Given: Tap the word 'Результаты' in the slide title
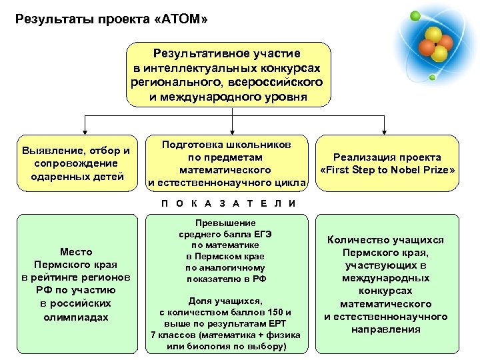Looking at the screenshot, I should [49, 20].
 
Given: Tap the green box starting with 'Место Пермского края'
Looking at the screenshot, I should [75, 283].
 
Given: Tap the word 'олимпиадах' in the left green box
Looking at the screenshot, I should [75, 317].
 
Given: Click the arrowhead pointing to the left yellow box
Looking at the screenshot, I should [84, 131].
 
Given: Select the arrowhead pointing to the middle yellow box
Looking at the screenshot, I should [231, 131].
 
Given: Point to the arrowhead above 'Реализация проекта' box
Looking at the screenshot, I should [384, 131].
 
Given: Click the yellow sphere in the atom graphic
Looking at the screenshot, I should [433, 35].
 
